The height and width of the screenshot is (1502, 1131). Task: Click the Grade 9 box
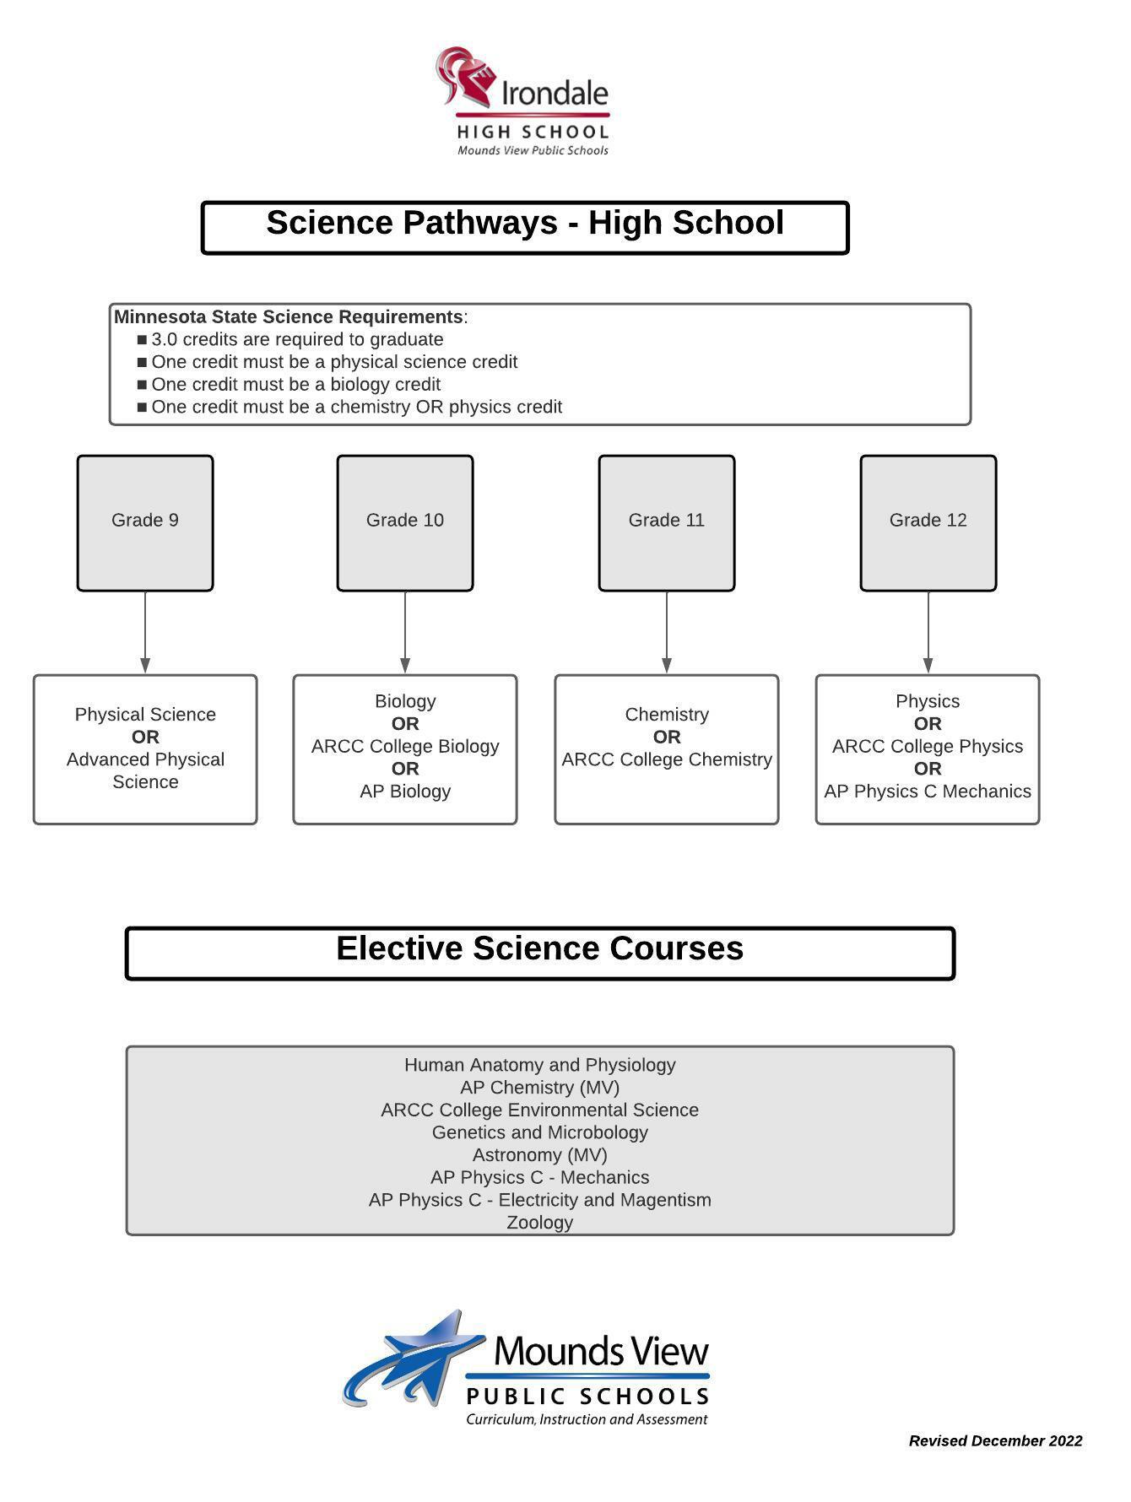(x=145, y=522)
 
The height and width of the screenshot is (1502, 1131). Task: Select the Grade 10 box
(x=405, y=522)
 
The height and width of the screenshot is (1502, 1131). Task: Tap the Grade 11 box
(x=667, y=522)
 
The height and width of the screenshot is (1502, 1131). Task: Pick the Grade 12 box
(x=928, y=522)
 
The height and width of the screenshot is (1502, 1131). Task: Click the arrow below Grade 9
(x=145, y=633)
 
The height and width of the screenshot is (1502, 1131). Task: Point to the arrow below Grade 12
(x=928, y=633)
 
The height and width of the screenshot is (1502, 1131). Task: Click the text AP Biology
(x=405, y=792)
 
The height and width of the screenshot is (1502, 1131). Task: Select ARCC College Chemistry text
(x=667, y=759)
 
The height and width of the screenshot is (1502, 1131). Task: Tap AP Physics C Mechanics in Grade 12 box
(x=928, y=792)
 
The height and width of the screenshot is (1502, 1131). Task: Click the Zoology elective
(x=540, y=1222)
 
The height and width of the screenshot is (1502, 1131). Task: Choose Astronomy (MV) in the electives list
(x=540, y=1154)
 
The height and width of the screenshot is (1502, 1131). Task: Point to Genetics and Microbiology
(x=540, y=1132)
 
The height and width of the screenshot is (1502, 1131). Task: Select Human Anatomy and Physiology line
(x=540, y=1065)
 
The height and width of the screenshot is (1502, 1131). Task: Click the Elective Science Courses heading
(x=540, y=949)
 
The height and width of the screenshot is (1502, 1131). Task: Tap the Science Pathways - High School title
(x=525, y=224)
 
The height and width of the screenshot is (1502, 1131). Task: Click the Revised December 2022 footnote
(x=995, y=1441)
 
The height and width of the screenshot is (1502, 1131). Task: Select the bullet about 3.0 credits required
(x=297, y=339)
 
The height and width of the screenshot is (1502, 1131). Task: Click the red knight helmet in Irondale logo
(x=465, y=76)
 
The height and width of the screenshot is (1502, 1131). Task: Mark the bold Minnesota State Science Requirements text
(x=289, y=317)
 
